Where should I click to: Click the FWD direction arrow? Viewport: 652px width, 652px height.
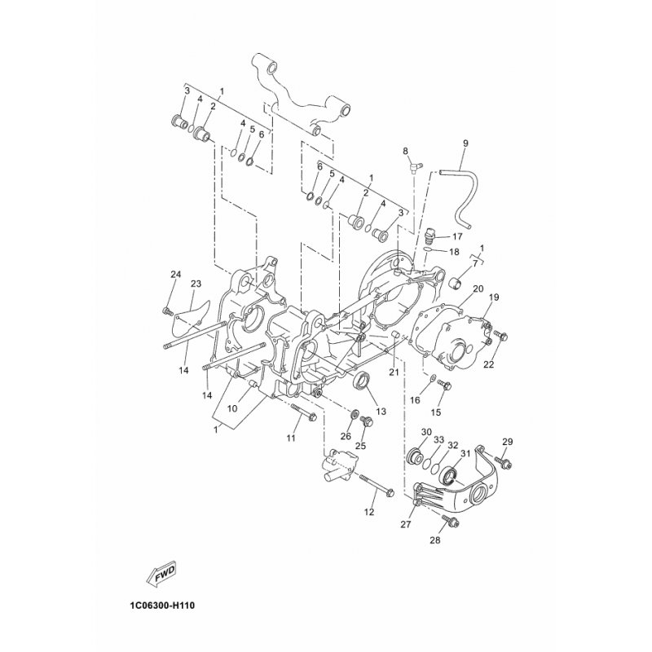point(161,575)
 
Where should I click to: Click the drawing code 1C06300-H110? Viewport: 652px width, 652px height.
point(159,606)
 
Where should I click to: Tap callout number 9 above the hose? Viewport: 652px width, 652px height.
point(465,143)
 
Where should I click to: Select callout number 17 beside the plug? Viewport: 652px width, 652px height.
point(457,236)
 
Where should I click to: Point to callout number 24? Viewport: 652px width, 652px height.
point(176,274)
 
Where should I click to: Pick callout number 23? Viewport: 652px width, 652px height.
point(196,284)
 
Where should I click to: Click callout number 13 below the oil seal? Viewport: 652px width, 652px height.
point(381,412)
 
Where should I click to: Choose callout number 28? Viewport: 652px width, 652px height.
point(435,540)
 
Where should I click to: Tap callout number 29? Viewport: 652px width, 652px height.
point(507,442)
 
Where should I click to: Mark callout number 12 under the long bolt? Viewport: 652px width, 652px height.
point(369,513)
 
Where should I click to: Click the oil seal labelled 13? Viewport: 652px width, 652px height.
point(361,381)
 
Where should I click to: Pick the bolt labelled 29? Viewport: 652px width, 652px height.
point(504,463)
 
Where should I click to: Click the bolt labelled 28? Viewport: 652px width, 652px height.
point(451,521)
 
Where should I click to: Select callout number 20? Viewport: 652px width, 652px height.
point(478,289)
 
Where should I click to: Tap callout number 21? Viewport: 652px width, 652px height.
point(394,372)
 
